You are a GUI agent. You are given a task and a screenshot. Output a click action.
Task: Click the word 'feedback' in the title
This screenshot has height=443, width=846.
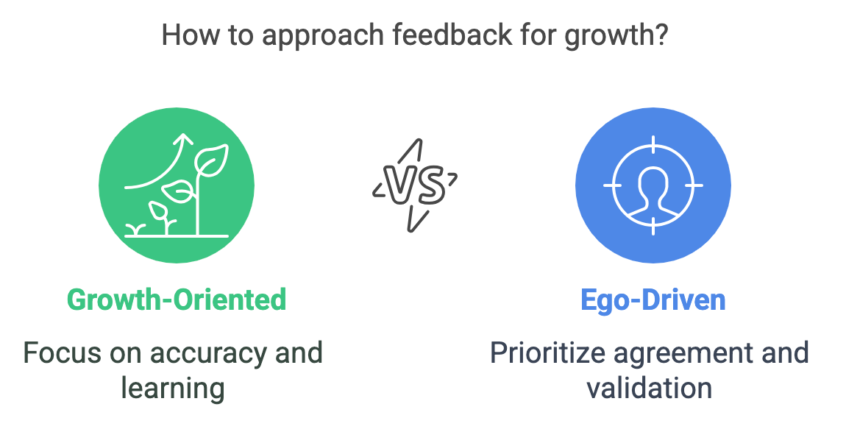pyautogui.click(x=452, y=35)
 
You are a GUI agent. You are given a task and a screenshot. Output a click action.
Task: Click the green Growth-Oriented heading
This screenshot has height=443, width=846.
pyautogui.click(x=177, y=300)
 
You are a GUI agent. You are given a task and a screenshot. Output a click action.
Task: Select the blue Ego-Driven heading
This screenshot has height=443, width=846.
pyautogui.click(x=653, y=301)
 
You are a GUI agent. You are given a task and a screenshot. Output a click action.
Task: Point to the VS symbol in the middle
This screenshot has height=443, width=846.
pyautogui.click(x=415, y=185)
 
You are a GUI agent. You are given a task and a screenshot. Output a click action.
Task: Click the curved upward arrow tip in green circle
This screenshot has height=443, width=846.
pyautogui.click(x=185, y=139)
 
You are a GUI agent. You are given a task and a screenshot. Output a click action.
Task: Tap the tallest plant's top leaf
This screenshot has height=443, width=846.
pyautogui.click(x=212, y=160)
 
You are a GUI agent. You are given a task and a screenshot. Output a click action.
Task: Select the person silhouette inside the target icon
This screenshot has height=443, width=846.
pyautogui.click(x=653, y=194)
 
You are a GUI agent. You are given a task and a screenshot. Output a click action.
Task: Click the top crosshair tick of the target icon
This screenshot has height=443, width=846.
pyautogui.click(x=653, y=145)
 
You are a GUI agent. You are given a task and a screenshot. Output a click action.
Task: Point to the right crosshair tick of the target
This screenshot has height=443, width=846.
pyautogui.click(x=694, y=185)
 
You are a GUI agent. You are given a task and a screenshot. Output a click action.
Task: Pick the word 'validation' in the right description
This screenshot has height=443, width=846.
pyautogui.click(x=650, y=387)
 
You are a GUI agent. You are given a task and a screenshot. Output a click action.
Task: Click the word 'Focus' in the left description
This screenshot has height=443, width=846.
pyautogui.click(x=63, y=353)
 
